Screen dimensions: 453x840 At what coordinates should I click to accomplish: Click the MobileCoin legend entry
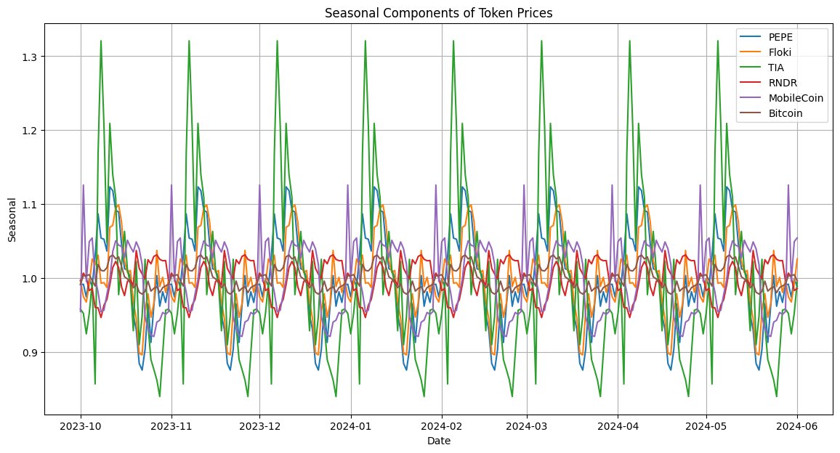pyautogui.click(x=796, y=99)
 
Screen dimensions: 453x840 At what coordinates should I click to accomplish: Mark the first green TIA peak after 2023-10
pyautogui.click(x=101, y=41)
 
